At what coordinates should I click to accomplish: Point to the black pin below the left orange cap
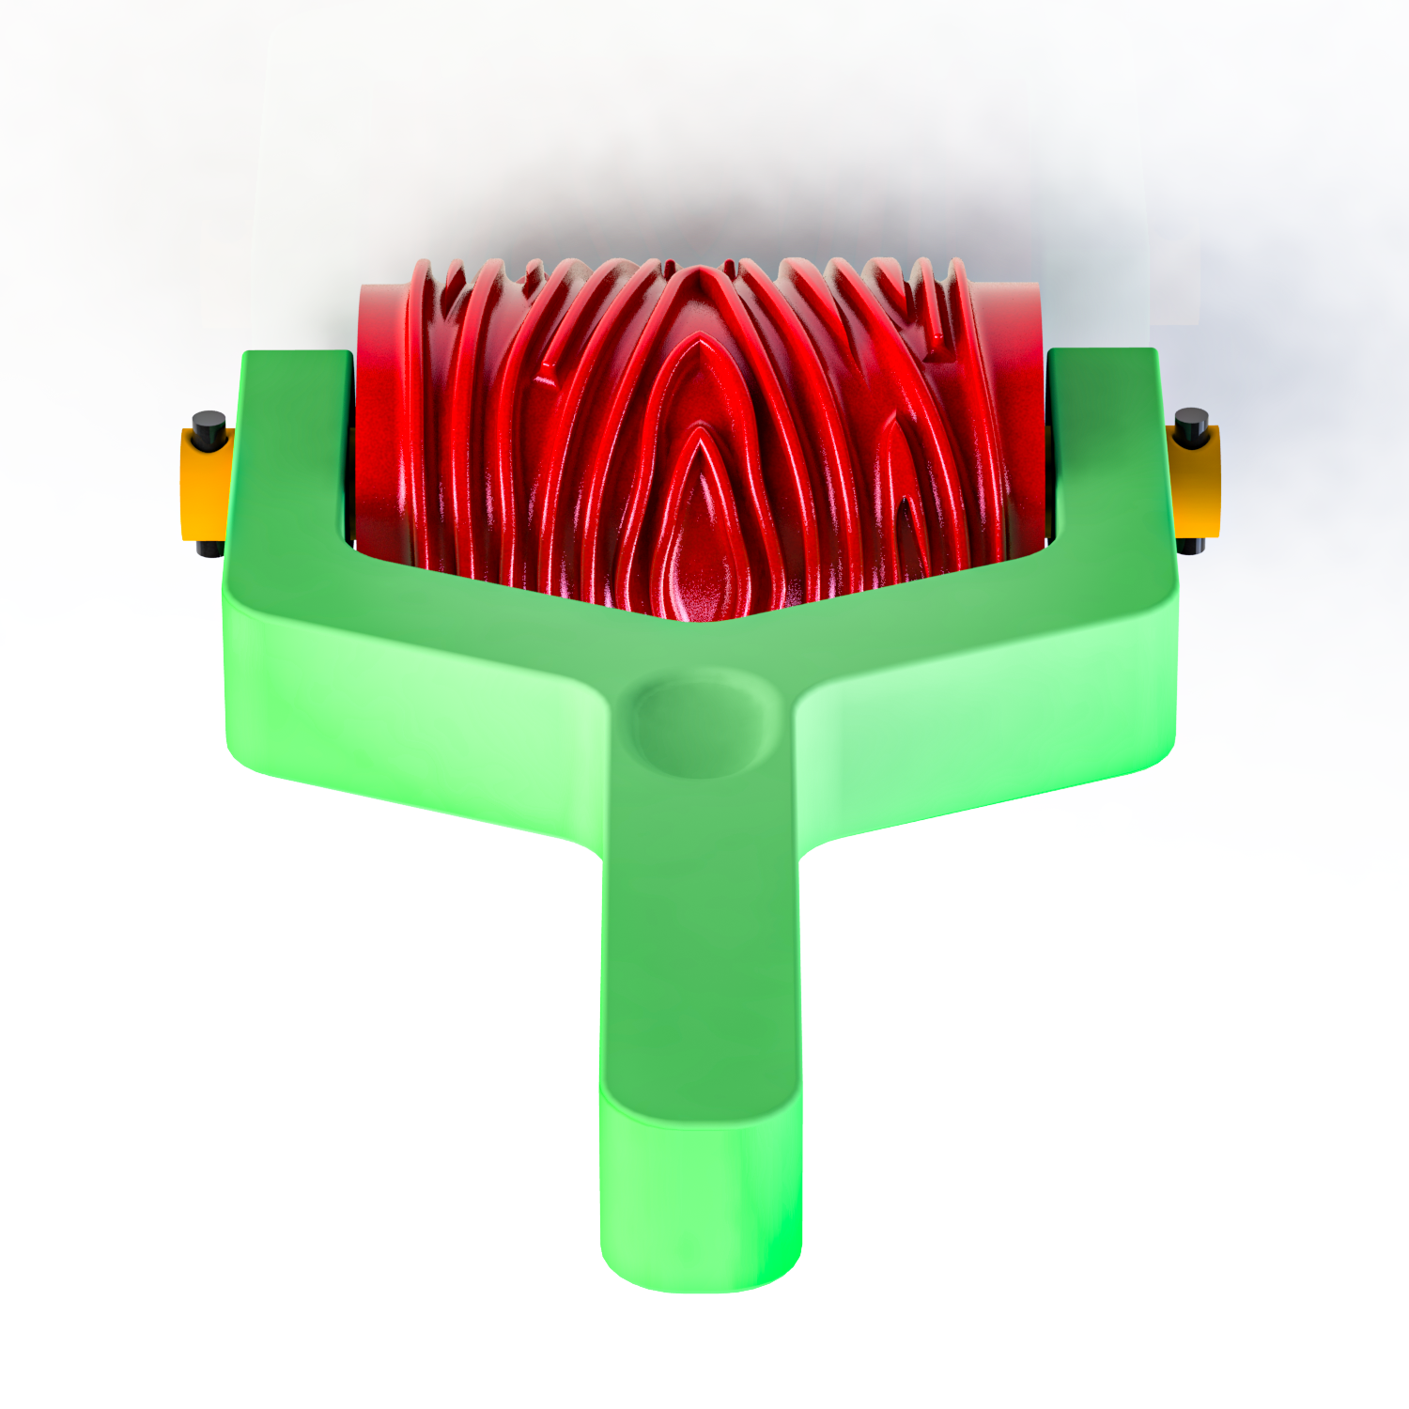210,548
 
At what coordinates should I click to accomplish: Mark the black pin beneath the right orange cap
1191,545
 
